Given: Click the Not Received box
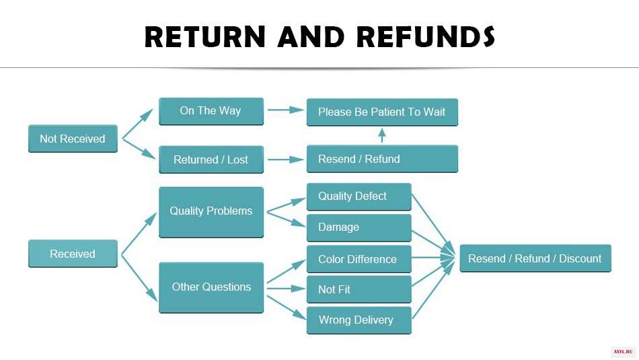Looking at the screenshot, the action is (73, 139).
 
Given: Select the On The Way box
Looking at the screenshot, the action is (211, 111).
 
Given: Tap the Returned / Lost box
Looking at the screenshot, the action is (211, 159).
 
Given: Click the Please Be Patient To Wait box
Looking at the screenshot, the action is (382, 112).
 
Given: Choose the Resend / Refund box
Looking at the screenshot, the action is (382, 159).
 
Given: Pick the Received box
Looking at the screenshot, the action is (73, 254).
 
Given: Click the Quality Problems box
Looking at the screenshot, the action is (211, 212).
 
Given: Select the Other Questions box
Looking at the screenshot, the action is (211, 288).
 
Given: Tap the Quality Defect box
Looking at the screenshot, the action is (359, 197).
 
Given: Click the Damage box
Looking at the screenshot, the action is (359, 228).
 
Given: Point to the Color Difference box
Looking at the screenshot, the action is (359, 259).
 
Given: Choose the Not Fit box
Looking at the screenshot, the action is (359, 289).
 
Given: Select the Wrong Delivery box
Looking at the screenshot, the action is (359, 320).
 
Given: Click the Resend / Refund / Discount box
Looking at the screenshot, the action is (535, 258).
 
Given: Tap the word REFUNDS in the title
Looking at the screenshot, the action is (426, 37).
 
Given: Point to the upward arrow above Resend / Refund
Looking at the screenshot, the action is (382, 135).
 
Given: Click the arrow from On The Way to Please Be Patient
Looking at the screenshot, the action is (286, 110).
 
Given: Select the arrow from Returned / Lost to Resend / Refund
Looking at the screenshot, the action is (286, 159).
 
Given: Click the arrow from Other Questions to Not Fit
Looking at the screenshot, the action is (286, 289).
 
